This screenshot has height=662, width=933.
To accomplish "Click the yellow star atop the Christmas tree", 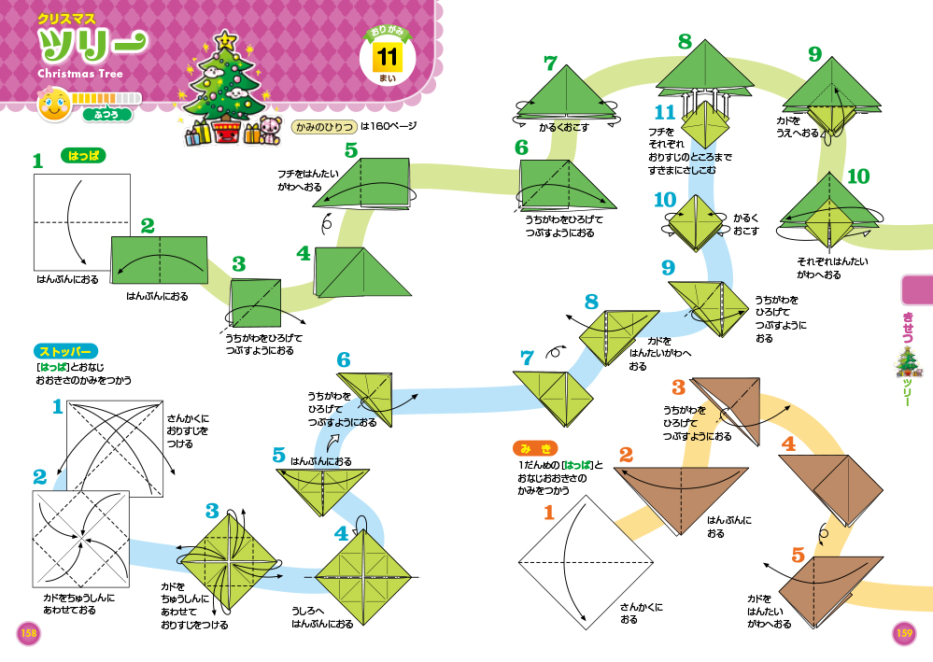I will [225, 41].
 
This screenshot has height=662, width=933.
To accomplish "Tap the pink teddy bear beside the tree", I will [269, 128].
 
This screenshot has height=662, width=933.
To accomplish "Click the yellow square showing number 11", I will [387, 57].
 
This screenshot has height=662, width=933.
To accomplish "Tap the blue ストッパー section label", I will [64, 352].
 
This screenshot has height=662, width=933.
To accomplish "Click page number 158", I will [28, 634].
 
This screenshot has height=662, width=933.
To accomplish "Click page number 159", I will [903, 634].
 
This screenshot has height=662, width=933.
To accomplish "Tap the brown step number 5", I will [798, 556].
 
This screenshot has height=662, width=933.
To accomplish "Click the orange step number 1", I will [548, 512].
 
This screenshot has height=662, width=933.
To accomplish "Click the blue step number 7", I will [527, 357].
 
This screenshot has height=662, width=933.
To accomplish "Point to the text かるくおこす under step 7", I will [564, 128].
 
